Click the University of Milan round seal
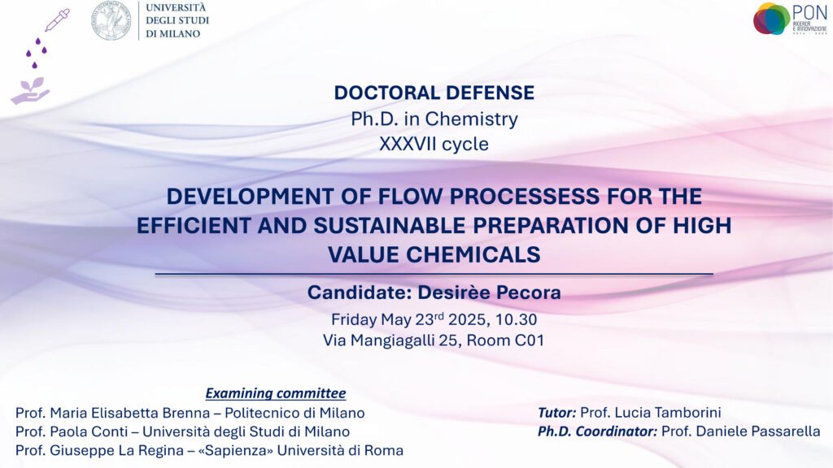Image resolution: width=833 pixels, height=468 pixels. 111,20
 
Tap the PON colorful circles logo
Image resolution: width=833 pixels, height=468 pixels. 771,19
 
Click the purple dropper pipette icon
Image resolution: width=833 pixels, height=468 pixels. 58,20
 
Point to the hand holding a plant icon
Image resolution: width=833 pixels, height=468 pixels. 30,91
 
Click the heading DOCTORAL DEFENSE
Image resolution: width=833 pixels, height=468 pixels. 434,93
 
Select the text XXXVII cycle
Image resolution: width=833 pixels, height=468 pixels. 434,144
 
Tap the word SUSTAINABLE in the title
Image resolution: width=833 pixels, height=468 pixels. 390,226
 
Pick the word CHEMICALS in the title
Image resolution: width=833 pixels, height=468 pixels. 473,254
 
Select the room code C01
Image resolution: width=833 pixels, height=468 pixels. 529,340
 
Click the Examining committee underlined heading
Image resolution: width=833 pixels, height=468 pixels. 276,393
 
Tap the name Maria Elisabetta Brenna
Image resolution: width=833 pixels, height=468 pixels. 129,413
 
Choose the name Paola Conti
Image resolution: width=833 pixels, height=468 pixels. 89,431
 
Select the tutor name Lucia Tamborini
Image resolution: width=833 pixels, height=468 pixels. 650,412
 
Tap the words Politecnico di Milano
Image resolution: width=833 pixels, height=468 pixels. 294,413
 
